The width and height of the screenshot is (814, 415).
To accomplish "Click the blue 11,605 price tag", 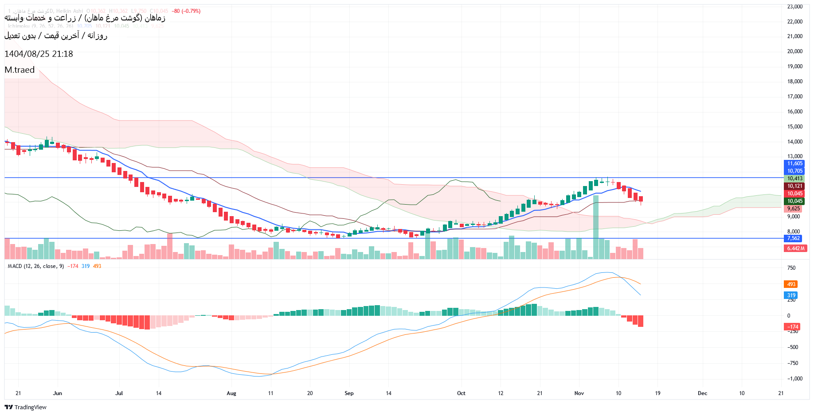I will tap(794, 163).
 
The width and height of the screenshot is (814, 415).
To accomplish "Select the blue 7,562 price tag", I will tap(793, 238).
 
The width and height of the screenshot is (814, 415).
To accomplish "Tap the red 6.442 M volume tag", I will tap(795, 248).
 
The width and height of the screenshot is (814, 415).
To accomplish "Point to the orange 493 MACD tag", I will tap(791, 284).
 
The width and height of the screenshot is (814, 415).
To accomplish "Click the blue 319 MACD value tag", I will tap(791, 295).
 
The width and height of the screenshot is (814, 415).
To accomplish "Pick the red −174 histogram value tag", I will tap(792, 327).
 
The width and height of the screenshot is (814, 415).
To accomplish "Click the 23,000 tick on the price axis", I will tap(794, 7).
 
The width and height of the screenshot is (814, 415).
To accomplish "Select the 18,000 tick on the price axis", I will tap(794, 81).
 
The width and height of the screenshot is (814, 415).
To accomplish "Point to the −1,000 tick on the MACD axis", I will tap(794, 379).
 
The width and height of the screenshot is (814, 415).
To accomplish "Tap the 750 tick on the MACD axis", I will tap(791, 268).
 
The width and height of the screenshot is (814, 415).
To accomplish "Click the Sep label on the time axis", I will tap(349, 393).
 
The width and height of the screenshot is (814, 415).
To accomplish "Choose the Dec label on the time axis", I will tap(702, 393).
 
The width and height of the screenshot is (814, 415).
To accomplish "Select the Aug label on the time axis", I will tap(231, 393).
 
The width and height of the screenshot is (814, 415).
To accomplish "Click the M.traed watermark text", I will tap(20, 70).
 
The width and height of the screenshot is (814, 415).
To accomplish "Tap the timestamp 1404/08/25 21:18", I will tap(39, 54).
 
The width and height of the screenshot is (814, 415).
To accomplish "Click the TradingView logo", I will tap(25, 407).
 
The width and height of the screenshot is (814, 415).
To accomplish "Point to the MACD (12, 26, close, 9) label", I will tap(36, 266).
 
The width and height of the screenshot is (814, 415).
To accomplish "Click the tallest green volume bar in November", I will tap(595, 227).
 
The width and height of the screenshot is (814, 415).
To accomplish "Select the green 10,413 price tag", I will tap(794, 178).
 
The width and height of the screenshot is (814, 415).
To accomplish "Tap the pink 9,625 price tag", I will tap(793, 209).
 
